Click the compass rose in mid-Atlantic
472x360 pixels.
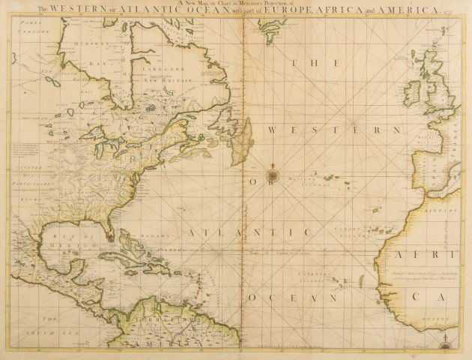(274, 175)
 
